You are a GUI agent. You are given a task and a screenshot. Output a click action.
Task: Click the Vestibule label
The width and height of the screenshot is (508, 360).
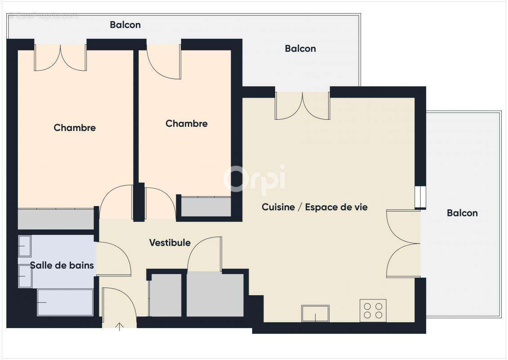[170, 243]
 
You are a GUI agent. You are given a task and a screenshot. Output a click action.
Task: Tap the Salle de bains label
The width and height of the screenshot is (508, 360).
[62, 265]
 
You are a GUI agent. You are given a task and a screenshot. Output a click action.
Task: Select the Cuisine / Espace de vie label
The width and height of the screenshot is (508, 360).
[315, 207]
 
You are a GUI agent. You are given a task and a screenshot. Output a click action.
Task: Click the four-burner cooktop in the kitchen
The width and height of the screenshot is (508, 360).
[373, 310]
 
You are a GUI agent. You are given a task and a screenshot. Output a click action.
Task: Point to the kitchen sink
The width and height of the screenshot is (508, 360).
[315, 313]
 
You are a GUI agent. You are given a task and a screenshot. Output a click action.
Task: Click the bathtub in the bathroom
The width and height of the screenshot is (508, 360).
[65, 302]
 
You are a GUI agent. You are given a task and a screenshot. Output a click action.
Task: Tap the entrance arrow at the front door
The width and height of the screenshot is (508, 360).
[120, 326]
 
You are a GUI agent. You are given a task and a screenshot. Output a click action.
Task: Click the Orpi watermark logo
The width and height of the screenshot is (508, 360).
[254, 178]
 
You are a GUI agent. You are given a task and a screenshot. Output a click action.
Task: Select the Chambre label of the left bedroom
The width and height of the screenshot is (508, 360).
[75, 127]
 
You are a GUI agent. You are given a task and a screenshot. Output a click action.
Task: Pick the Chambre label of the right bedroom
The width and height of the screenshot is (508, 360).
[187, 123]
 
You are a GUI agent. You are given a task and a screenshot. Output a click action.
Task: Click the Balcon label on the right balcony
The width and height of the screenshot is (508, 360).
[462, 213]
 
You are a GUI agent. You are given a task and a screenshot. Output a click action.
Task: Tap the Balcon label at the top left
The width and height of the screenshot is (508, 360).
[125, 25]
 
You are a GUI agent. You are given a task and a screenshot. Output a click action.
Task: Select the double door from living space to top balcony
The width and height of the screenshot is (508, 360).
[303, 106]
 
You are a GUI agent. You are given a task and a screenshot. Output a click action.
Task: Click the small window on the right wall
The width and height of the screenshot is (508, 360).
[420, 196]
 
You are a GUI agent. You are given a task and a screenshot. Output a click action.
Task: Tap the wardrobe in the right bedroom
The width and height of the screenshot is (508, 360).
[206, 207]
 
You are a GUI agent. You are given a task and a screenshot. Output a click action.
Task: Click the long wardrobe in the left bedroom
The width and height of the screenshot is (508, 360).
[56, 219]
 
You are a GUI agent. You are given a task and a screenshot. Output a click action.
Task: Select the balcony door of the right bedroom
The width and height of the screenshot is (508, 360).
[164, 62]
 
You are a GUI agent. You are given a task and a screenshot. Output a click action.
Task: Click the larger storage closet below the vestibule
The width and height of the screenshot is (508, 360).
[215, 294]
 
